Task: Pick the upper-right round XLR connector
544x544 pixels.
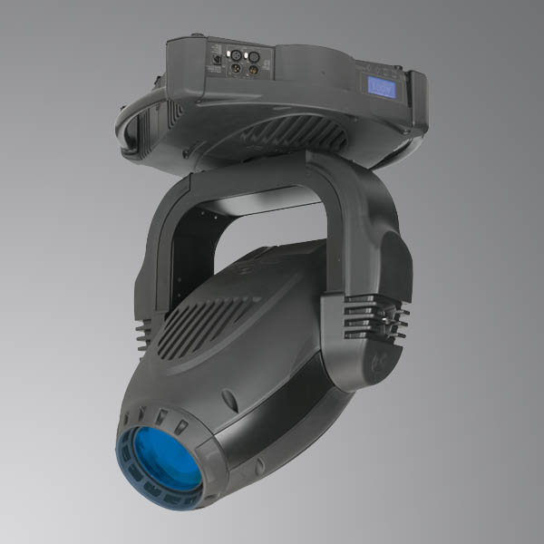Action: pos(256,54)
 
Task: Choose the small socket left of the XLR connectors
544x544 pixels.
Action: pos(216,61)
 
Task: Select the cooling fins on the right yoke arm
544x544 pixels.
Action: pos(376,317)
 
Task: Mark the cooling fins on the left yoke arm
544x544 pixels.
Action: pos(145,331)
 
